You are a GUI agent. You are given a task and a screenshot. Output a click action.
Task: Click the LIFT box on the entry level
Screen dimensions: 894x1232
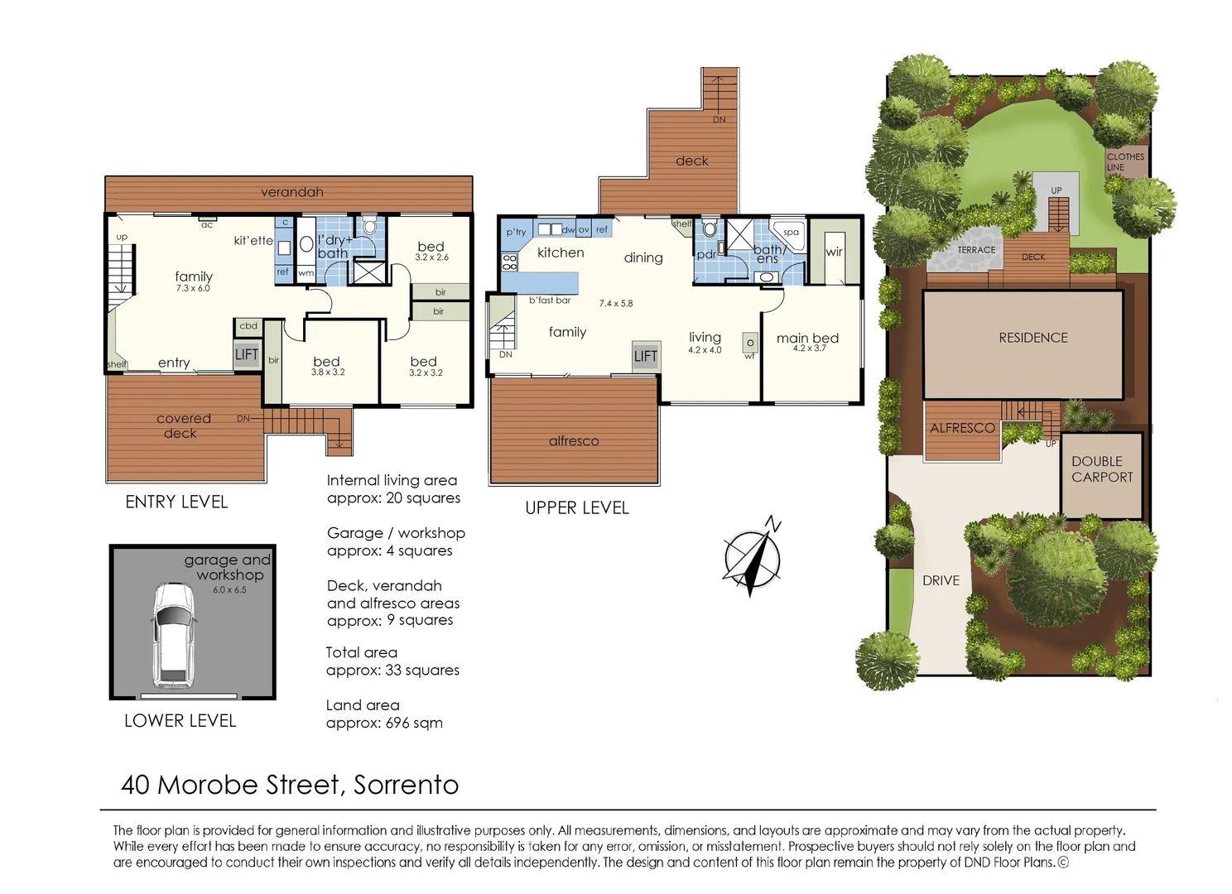(247, 354)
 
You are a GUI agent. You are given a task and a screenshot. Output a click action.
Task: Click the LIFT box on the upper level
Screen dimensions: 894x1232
(646, 356)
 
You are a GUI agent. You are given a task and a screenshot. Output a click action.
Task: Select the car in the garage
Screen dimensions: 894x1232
(173, 634)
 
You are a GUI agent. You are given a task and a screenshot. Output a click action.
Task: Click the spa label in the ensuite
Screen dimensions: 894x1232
(791, 232)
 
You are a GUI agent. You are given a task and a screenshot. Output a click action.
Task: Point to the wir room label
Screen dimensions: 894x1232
(834, 252)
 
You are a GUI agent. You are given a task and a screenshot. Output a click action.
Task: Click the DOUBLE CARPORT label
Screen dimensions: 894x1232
(1102, 469)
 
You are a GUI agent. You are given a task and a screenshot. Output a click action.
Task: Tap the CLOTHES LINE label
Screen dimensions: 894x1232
(1125, 161)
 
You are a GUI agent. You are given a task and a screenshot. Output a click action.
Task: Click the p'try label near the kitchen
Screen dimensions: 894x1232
(516, 232)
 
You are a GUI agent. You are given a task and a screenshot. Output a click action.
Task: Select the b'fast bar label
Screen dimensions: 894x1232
(550, 300)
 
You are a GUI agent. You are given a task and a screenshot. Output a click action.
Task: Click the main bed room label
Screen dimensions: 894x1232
(807, 338)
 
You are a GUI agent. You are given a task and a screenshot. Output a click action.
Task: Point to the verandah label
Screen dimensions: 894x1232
(291, 192)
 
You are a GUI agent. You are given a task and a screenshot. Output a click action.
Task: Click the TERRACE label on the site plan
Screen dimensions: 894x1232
(976, 250)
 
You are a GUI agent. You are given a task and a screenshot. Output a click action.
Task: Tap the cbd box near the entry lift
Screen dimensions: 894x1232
(248, 326)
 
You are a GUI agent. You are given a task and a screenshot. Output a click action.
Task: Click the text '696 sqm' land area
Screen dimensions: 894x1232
(414, 723)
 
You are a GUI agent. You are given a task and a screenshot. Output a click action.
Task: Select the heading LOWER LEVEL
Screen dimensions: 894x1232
(180, 721)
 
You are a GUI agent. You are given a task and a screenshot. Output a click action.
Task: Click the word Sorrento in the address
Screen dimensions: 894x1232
(406, 785)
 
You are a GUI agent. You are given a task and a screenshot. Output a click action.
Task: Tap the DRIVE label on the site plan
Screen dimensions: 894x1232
(941, 581)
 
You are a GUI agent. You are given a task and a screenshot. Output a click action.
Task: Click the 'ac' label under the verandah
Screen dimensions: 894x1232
(207, 225)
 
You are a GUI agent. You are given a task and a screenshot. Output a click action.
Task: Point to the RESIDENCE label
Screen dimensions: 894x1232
(1032, 338)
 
